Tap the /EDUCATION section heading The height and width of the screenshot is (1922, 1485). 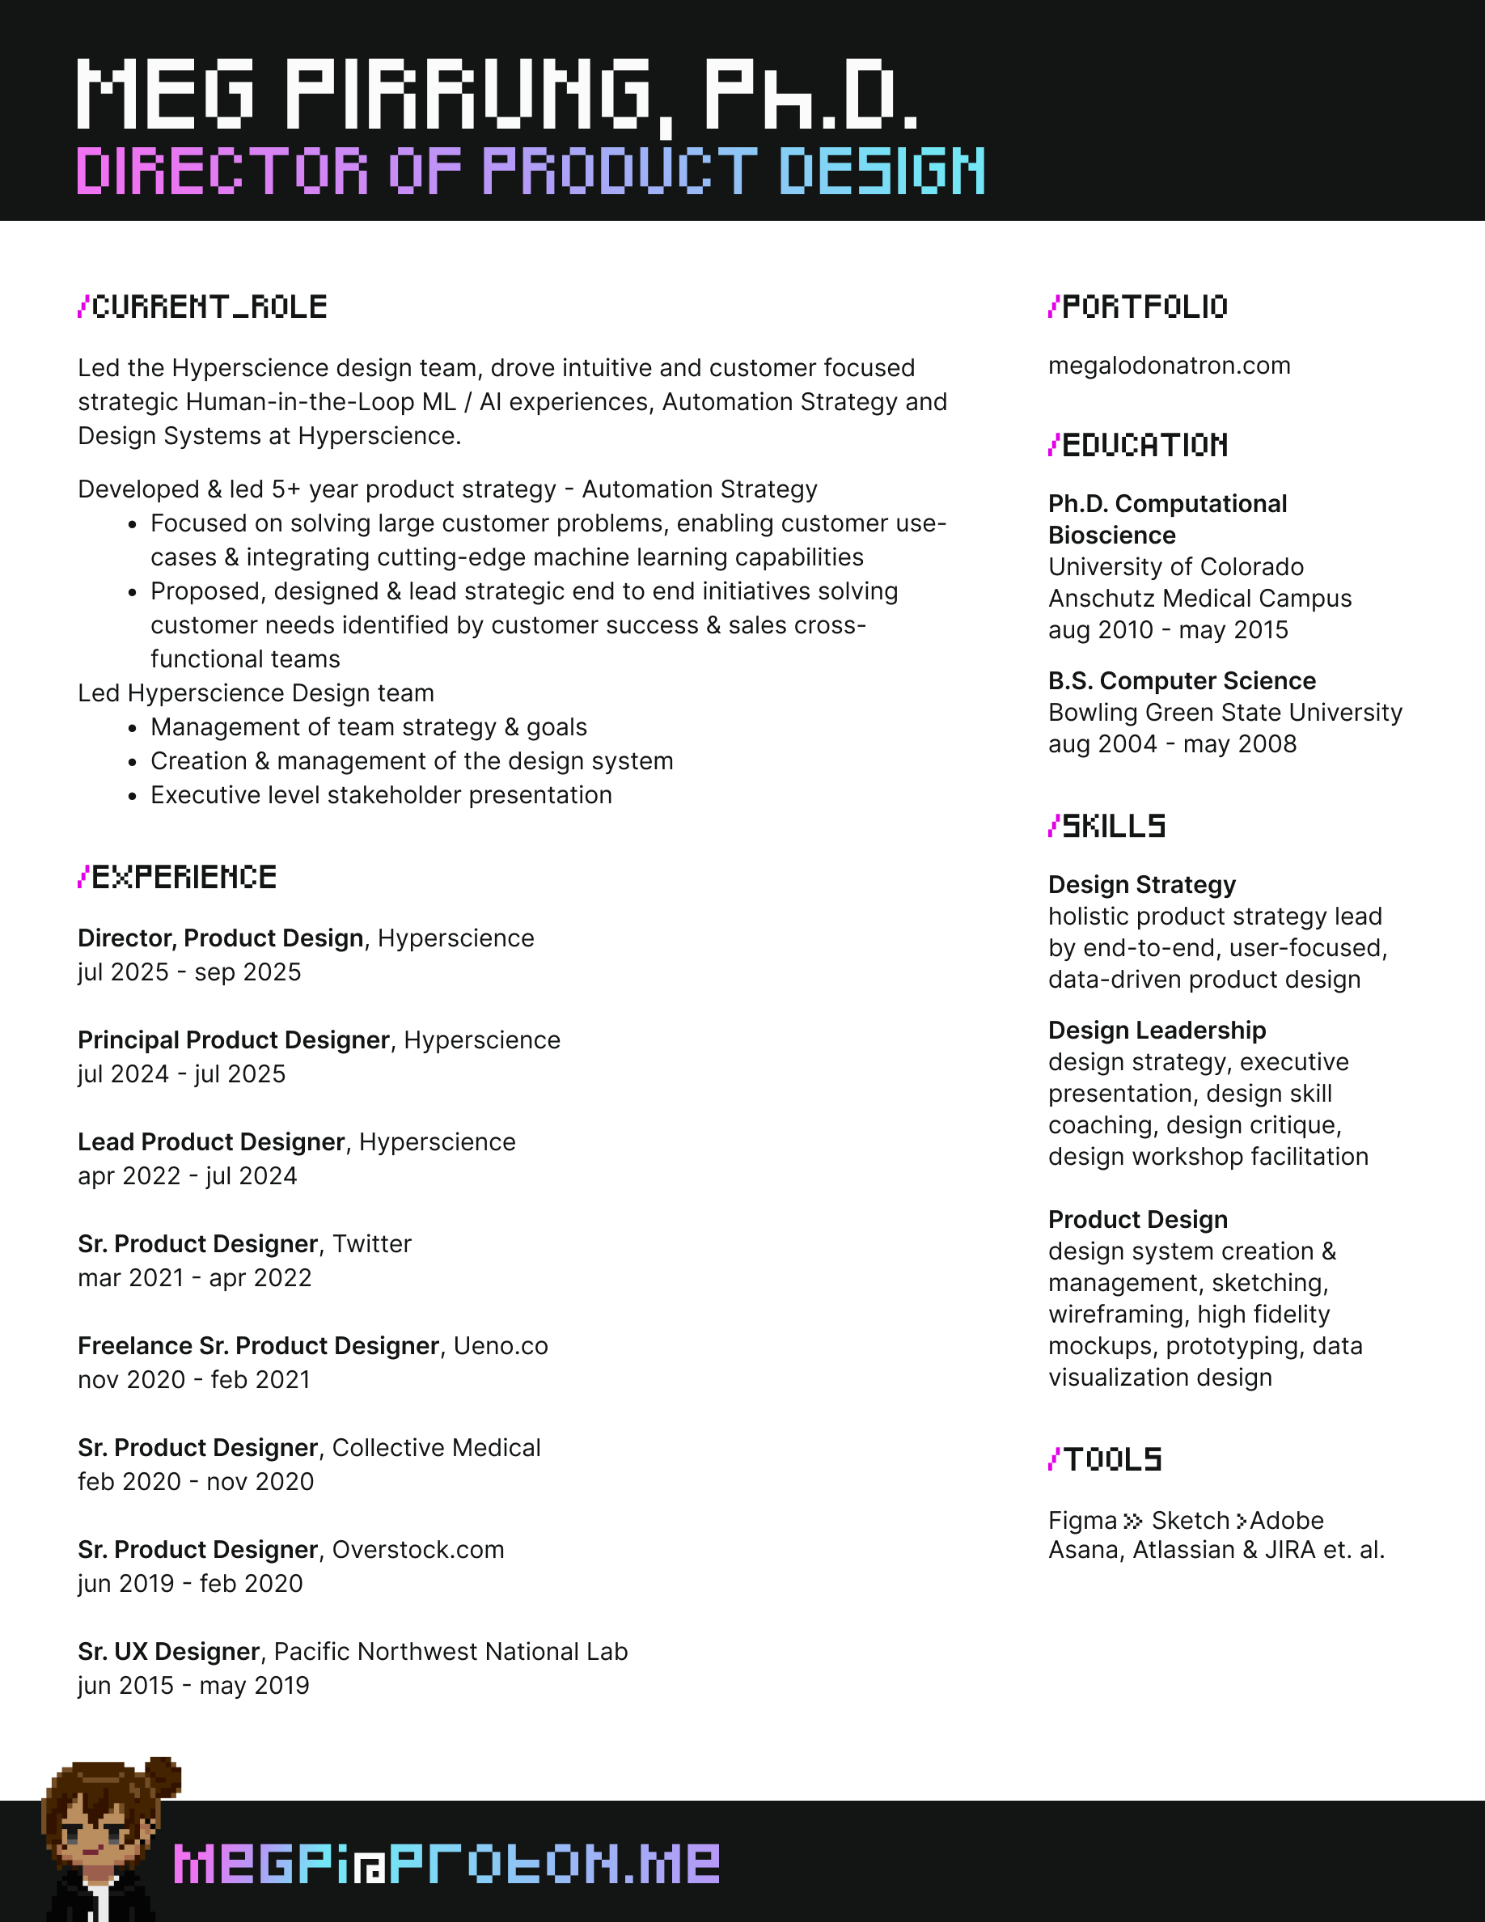click(1138, 445)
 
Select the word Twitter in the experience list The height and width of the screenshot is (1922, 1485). click(371, 1243)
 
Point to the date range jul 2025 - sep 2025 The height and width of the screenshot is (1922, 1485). click(189, 972)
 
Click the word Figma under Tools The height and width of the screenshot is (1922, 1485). click(1082, 1521)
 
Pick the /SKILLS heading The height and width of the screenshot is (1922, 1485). click(1106, 827)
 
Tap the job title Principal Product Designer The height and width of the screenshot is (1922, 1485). click(233, 1039)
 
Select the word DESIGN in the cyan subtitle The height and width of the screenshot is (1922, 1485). click(882, 171)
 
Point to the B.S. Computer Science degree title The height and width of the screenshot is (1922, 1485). click(1182, 680)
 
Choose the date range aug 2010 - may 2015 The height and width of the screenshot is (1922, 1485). click(1167, 630)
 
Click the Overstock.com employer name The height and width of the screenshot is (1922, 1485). click(418, 1550)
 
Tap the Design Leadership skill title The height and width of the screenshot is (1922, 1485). click(1157, 1030)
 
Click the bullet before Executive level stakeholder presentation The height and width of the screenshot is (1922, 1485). click(132, 797)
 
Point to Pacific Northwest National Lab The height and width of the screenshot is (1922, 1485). click(451, 1652)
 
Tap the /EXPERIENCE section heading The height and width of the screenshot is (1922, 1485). click(178, 878)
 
